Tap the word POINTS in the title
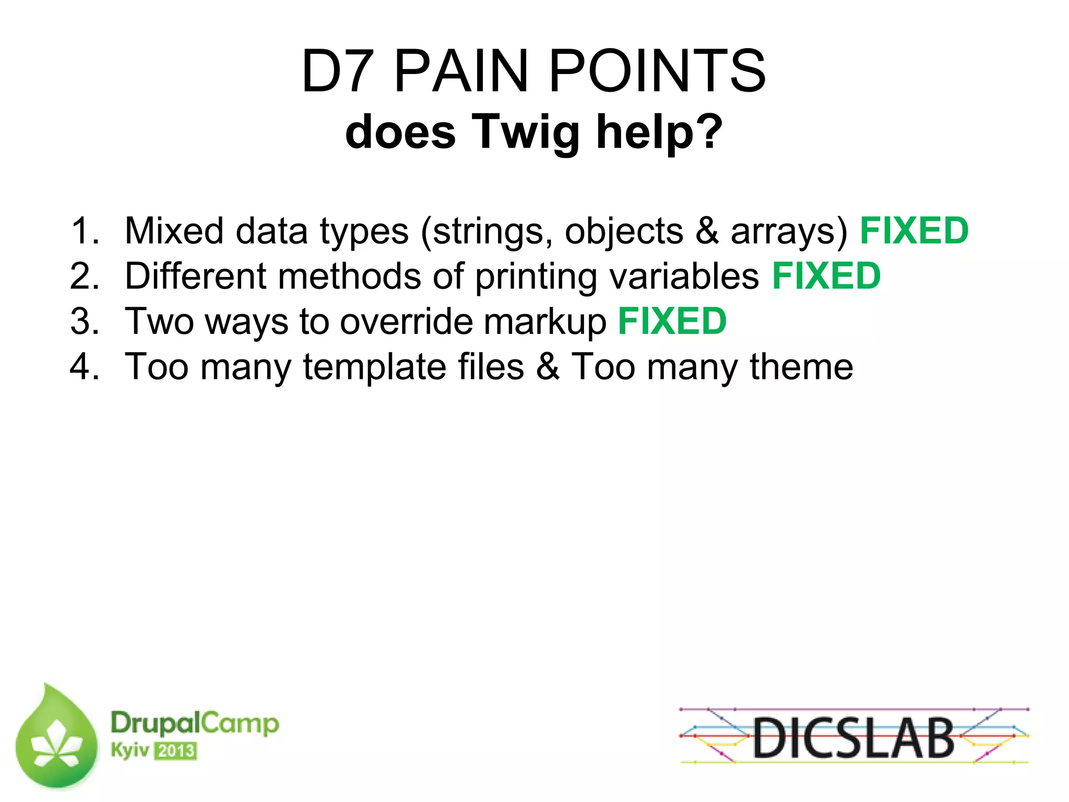tap(657, 71)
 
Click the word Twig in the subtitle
tap(526, 133)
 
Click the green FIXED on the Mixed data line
tap(914, 231)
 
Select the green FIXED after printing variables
tap(826, 276)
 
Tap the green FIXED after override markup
tap(672, 321)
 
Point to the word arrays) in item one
tap(789, 232)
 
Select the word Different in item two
tap(196, 276)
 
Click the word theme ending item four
tap(801, 366)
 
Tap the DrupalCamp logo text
tap(195, 723)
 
